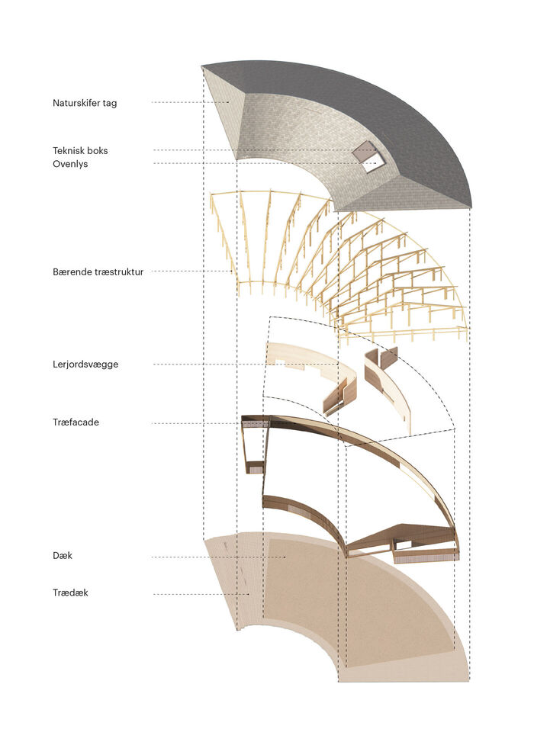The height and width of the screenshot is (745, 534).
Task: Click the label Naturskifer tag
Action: [x=85, y=103]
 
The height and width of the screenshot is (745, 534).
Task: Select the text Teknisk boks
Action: [x=80, y=151]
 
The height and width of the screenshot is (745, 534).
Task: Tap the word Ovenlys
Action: [x=70, y=164]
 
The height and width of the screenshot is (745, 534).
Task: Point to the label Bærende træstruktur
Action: [x=98, y=271]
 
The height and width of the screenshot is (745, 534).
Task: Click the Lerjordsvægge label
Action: [x=85, y=364]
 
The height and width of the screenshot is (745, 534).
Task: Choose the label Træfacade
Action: [x=76, y=422]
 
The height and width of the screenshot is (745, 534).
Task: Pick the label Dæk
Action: [x=63, y=555]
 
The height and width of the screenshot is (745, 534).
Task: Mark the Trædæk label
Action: [x=70, y=592]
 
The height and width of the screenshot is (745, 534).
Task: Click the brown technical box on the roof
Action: [x=363, y=150]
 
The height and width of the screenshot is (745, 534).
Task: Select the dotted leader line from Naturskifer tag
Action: [x=190, y=102]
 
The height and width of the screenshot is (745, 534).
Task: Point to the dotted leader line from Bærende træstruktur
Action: [x=191, y=271]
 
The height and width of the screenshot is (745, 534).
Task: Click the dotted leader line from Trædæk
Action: [x=201, y=594]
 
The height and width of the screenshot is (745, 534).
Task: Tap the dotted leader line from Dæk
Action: [x=219, y=557]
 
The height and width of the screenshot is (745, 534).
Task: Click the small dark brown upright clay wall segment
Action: [x=388, y=358]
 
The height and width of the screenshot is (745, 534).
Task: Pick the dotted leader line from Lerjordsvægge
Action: [x=246, y=364]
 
